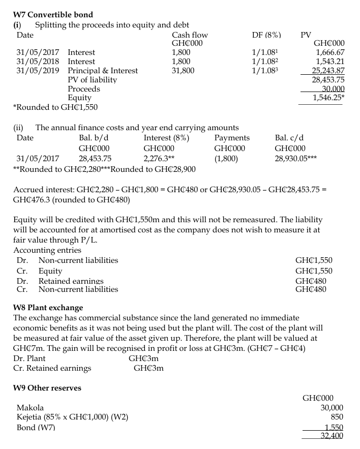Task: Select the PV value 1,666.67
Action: (x=330, y=52)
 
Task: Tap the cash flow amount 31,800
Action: (x=183, y=71)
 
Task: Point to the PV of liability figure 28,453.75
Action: (x=328, y=80)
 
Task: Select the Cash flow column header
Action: (x=190, y=35)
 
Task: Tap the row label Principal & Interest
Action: (x=103, y=71)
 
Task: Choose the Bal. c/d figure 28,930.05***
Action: (x=297, y=159)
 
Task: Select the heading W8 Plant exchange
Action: (x=47, y=308)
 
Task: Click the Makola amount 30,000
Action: (x=332, y=408)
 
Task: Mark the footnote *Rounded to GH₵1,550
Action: (x=55, y=107)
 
